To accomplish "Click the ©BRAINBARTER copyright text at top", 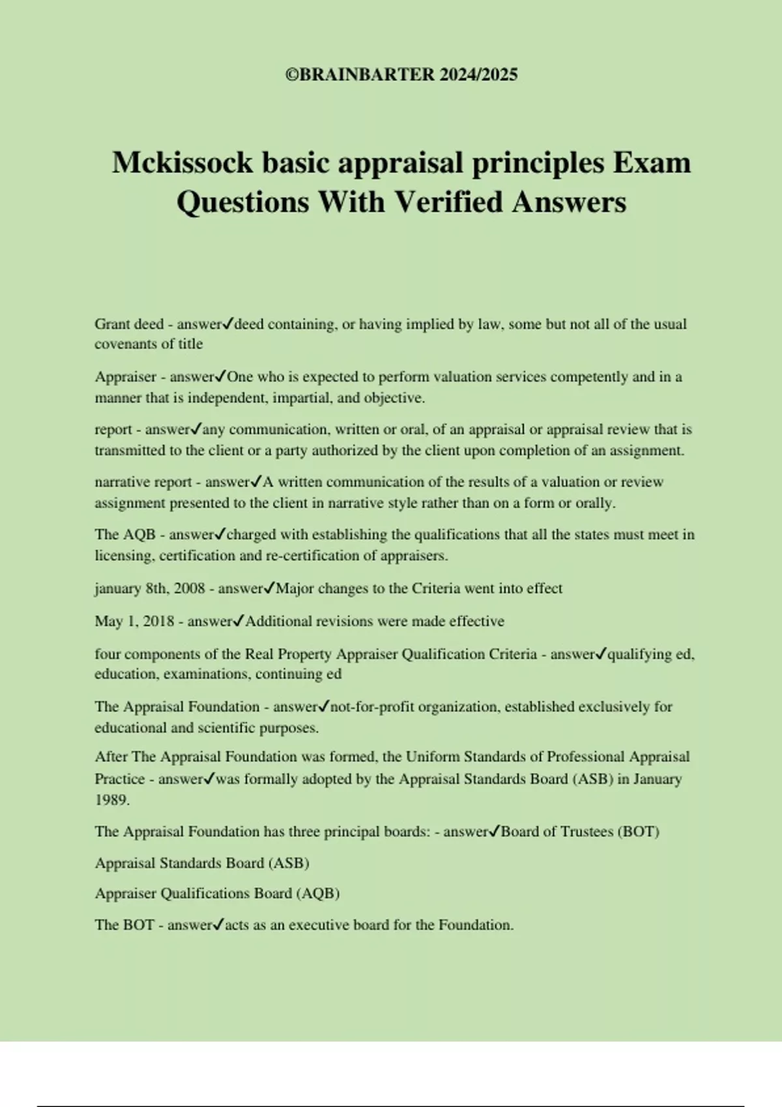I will pyautogui.click(x=401, y=75).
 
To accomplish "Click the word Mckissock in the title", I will pyautogui.click(x=182, y=162).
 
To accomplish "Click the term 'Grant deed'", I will pyautogui.click(x=129, y=324).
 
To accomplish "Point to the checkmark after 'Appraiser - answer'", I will pyautogui.click(x=221, y=376).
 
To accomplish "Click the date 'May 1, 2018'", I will pyautogui.click(x=134, y=621).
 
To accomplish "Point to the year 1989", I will pyautogui.click(x=111, y=801).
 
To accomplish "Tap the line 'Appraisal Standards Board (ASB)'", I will pyautogui.click(x=202, y=863).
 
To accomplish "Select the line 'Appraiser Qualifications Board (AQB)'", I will pyautogui.click(x=218, y=894).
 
